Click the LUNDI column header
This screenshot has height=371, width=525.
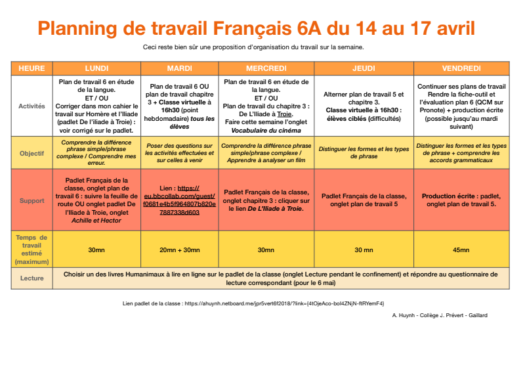[x=96, y=68]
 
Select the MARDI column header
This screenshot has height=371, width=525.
[x=179, y=68]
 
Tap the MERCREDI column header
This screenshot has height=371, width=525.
[x=266, y=68]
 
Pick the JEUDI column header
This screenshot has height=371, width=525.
[x=364, y=68]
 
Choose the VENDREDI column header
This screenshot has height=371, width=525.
[x=461, y=68]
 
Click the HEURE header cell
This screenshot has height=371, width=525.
[x=31, y=68]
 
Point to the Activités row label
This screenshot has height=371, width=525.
[x=31, y=106]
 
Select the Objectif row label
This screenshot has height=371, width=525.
[x=31, y=154]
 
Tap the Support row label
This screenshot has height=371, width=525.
[x=31, y=200]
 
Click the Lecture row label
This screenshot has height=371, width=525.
[x=31, y=278]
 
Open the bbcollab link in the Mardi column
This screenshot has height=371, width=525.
[x=179, y=204]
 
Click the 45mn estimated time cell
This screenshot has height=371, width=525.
[x=461, y=250]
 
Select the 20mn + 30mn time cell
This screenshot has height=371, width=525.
[x=179, y=250]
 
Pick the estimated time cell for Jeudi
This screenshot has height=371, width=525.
[x=364, y=250]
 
